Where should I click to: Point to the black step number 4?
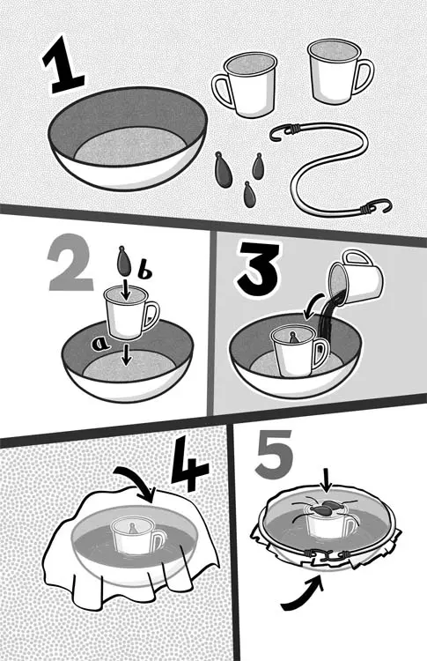(x=189, y=464)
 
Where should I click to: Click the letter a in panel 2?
(x=100, y=345)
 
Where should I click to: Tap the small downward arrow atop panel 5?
(x=325, y=479)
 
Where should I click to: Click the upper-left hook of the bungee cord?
(x=281, y=134)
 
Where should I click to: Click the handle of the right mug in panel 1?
(x=363, y=77)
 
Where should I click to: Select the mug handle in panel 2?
(x=151, y=316)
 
